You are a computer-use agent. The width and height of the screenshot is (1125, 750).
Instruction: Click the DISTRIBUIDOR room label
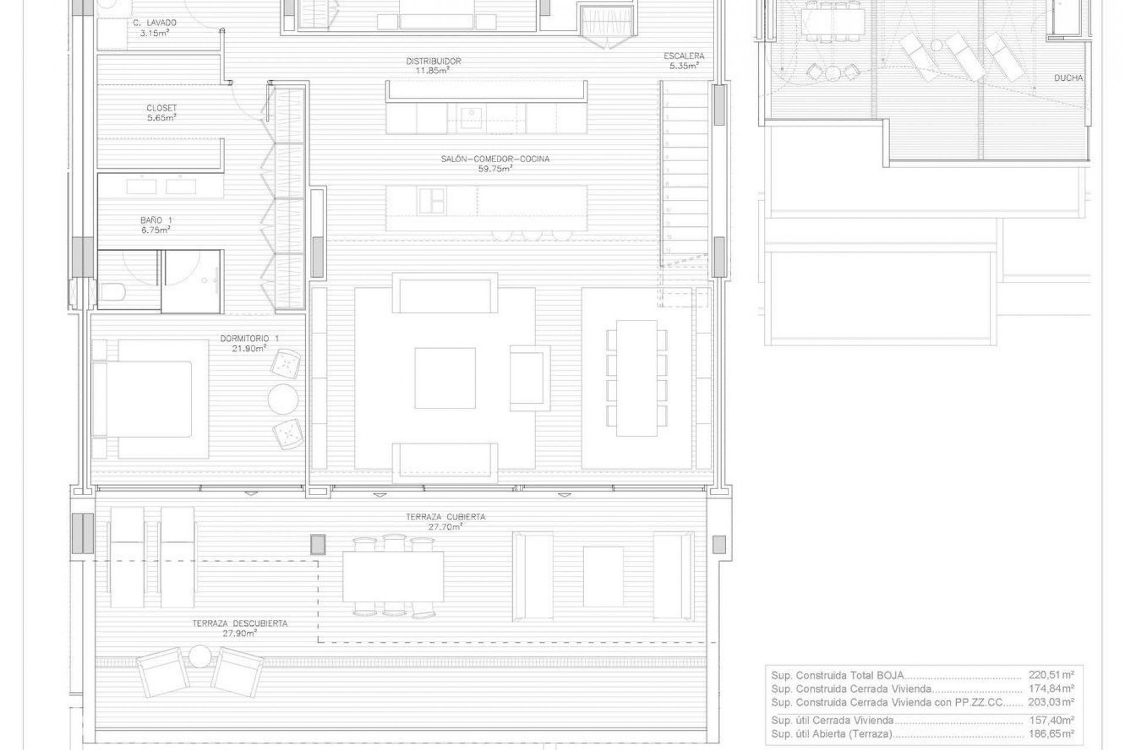434,61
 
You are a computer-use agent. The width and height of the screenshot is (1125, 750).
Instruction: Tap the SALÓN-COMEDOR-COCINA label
495,159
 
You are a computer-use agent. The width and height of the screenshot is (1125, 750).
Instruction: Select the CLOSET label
162,108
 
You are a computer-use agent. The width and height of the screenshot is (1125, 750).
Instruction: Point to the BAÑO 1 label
156,220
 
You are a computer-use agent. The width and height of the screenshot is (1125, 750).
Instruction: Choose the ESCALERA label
684,56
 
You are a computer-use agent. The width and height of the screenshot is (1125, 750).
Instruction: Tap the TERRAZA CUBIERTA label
445,517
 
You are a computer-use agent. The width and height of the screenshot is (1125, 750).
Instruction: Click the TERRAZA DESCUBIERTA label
240,623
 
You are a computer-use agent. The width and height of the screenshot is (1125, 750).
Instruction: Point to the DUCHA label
1068,78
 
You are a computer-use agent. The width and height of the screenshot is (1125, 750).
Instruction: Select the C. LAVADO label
155,23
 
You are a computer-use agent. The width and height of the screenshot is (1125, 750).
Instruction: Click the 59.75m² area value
495,169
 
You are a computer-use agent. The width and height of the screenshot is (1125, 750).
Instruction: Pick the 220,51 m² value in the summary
1051,675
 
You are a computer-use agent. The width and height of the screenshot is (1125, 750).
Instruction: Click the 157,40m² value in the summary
1051,721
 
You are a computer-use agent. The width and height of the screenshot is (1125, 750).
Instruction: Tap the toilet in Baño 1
111,291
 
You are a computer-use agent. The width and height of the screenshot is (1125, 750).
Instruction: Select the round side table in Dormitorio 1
283,399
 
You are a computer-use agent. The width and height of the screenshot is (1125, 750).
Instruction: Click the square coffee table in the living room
445,378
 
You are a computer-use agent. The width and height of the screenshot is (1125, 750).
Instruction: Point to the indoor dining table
636,378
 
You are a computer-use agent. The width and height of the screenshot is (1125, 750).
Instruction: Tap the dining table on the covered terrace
393,577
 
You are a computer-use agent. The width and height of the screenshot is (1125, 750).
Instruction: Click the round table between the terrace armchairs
200,656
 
